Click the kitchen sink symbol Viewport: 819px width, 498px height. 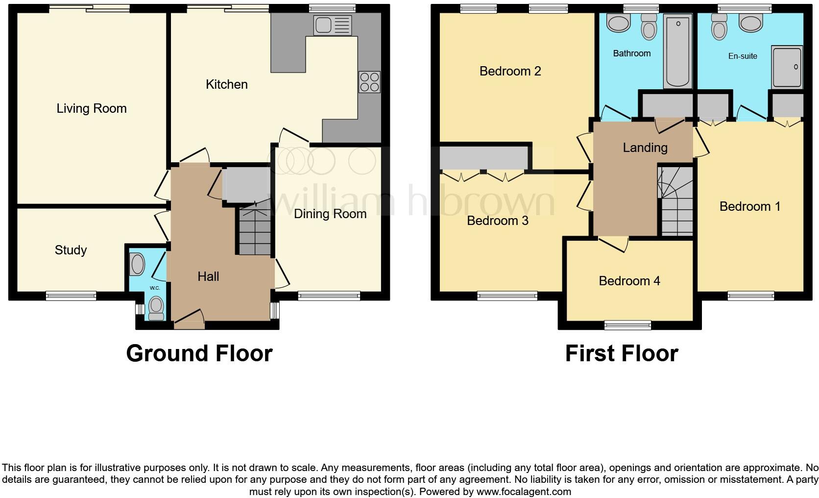333,25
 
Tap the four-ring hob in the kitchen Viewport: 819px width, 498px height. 369,82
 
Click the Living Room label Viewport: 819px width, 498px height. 92,108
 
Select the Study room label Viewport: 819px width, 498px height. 71,250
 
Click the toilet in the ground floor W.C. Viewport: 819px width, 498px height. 156,307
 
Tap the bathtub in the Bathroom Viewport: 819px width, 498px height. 677,51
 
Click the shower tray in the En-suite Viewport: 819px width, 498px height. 787,67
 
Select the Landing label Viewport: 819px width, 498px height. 645,148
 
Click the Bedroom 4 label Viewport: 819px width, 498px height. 629,281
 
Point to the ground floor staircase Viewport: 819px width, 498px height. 255,230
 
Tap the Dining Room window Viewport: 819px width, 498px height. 329,296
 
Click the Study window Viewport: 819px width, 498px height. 71,296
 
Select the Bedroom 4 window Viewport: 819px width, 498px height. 628,325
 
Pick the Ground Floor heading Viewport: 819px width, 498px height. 199,353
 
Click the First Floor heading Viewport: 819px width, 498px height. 621,353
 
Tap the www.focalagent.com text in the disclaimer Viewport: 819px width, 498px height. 524,492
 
